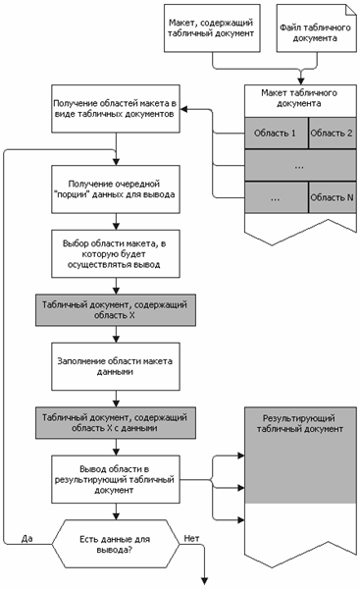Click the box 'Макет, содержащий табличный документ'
212,28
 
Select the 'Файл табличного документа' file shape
317,28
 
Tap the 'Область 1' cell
277,133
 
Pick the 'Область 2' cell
333,133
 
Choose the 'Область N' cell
333,197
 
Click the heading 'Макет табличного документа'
299,98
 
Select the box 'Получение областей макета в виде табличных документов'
116,109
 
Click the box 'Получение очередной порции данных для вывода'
116,189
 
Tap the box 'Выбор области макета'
116,254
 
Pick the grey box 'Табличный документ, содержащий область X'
116,310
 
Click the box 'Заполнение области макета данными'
116,366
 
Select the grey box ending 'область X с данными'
116,422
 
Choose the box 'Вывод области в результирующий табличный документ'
116,479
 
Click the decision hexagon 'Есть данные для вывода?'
116,544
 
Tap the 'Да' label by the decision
27,538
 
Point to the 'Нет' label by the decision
191,538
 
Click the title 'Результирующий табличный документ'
299,423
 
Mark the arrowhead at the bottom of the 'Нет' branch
205,581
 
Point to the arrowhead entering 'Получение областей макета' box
184,109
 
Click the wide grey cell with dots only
300,165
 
